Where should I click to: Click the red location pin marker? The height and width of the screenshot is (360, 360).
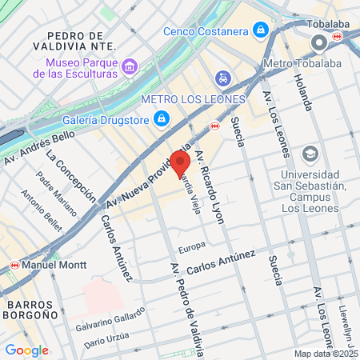pos(176,161)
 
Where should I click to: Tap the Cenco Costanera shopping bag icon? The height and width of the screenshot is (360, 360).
pos(260,31)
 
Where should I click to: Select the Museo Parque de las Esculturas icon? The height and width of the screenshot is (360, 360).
pos(130,64)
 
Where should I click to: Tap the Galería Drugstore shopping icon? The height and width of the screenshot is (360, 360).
pos(162,119)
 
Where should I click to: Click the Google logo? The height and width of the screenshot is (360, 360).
pos(26,350)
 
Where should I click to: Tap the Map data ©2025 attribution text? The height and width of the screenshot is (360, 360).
pos(325,354)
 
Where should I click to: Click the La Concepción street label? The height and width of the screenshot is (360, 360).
pos(71,176)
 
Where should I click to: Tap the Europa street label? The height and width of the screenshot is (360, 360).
pos(192,246)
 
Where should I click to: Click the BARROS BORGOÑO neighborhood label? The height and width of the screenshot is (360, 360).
pos(31,310)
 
